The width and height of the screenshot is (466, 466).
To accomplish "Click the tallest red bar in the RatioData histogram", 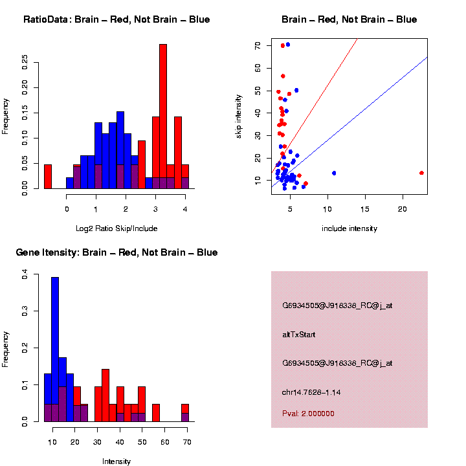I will point(163,116).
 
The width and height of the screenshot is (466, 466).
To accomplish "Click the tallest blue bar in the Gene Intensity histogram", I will point(55,349).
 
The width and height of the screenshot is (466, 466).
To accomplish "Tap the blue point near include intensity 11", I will point(334,173).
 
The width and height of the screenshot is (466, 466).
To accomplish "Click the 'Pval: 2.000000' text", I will point(309,414).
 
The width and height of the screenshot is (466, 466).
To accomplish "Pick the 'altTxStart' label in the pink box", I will point(299,335).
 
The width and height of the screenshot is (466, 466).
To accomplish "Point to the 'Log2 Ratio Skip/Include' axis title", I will point(116,228).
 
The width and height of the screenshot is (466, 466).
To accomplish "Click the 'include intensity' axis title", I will point(349,228).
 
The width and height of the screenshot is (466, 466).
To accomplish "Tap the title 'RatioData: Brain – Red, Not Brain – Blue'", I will point(116,19).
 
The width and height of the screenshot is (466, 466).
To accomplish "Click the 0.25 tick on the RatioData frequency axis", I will point(25,61).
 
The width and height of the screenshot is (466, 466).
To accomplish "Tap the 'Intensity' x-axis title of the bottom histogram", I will point(116,461).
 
